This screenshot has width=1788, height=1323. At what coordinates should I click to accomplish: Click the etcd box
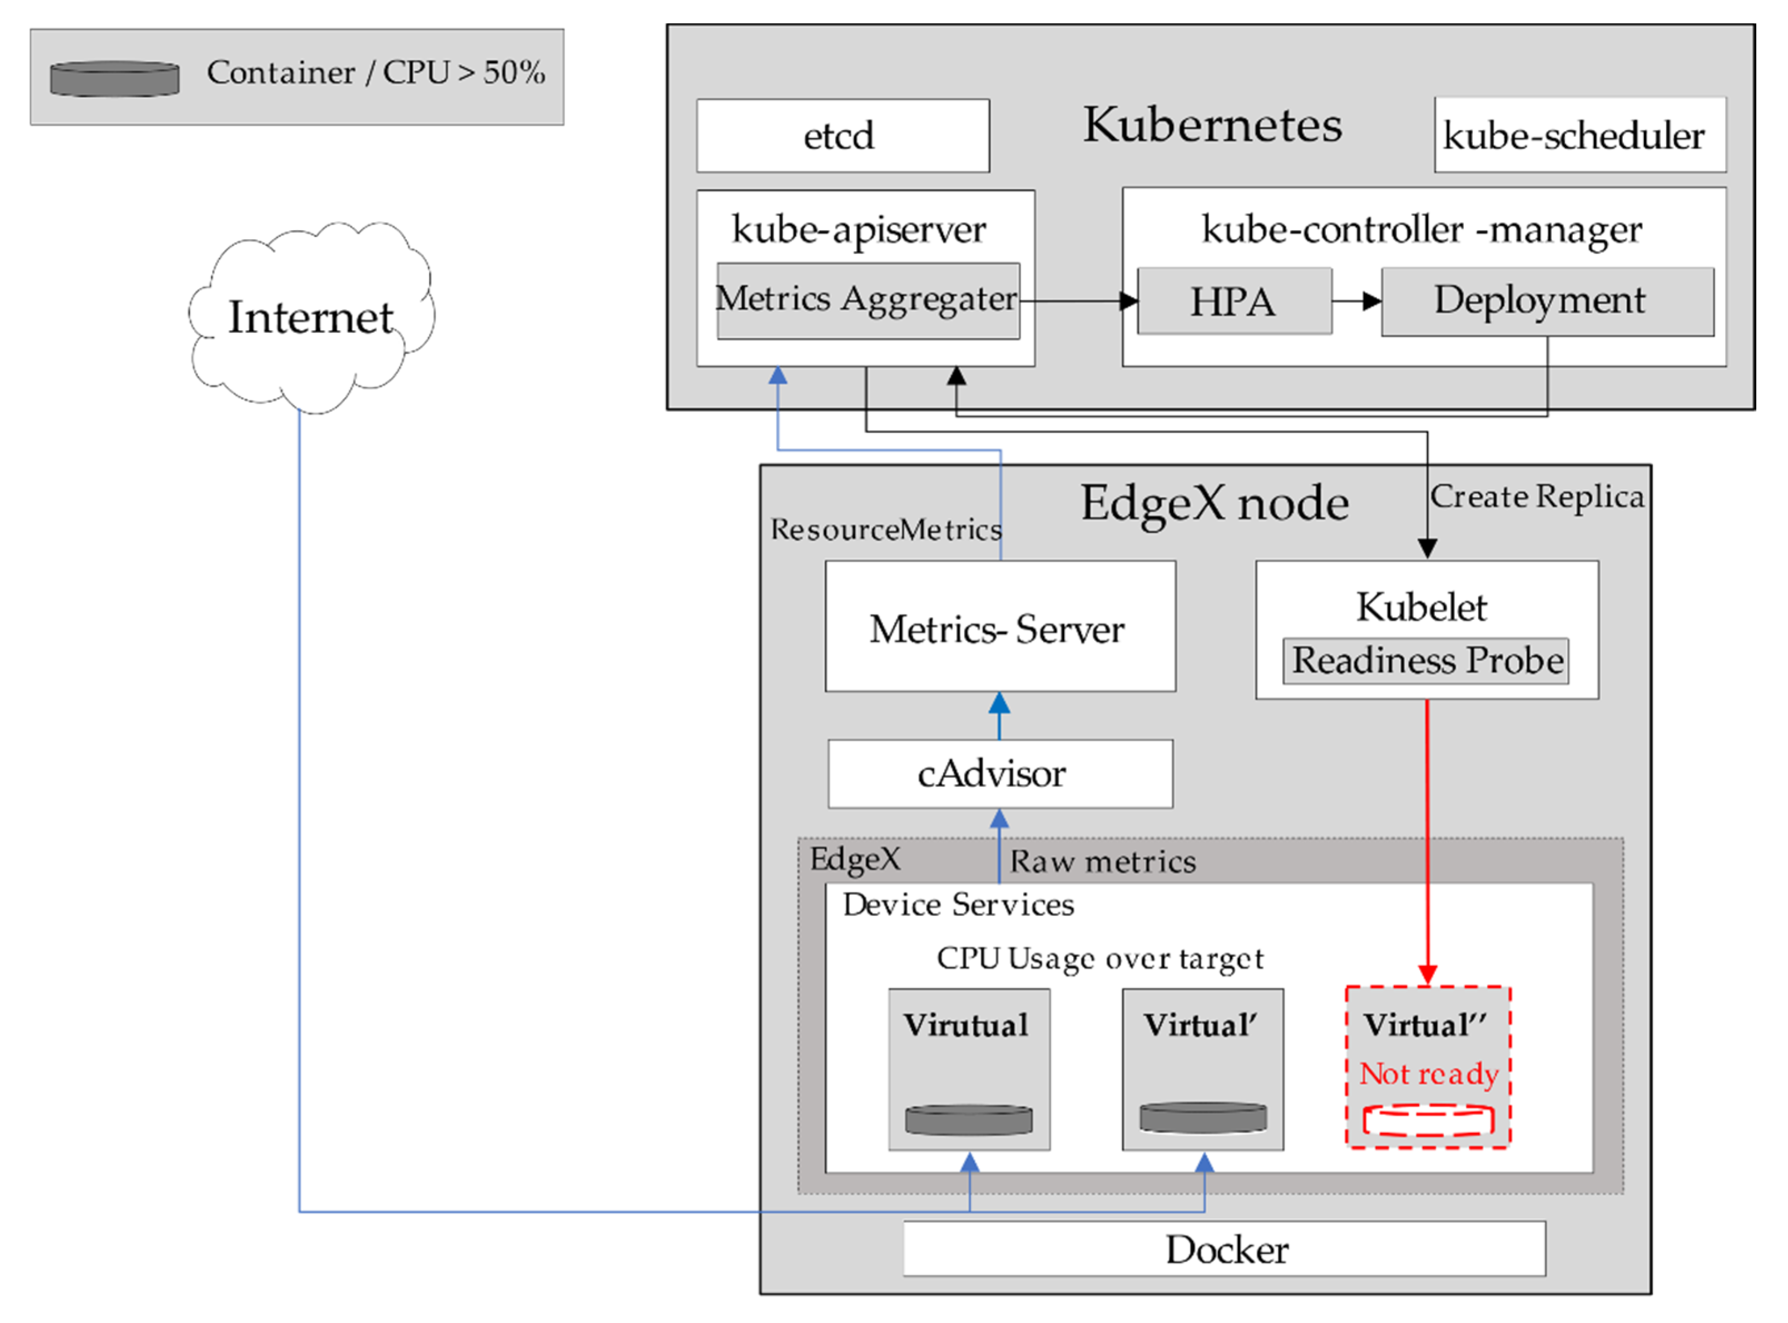point(843,135)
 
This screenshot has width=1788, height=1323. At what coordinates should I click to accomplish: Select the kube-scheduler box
point(1579,135)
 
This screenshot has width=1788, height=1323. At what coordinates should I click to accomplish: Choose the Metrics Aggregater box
point(868,301)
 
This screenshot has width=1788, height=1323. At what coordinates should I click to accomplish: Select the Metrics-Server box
point(1000,627)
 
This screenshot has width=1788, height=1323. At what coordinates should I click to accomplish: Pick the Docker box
point(1224,1250)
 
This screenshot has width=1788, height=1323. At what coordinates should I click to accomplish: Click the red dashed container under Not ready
point(1429,1121)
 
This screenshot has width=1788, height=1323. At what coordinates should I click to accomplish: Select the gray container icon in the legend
point(115,78)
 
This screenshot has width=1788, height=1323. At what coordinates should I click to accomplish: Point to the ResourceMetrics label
point(885,530)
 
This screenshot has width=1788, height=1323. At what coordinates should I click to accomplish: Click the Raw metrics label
point(1103,862)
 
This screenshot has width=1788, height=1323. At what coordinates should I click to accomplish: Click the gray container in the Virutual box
point(969,1119)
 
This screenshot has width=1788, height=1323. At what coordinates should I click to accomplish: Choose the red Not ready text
point(1429,1074)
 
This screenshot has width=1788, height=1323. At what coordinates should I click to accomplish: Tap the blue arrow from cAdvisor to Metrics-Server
point(999,716)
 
